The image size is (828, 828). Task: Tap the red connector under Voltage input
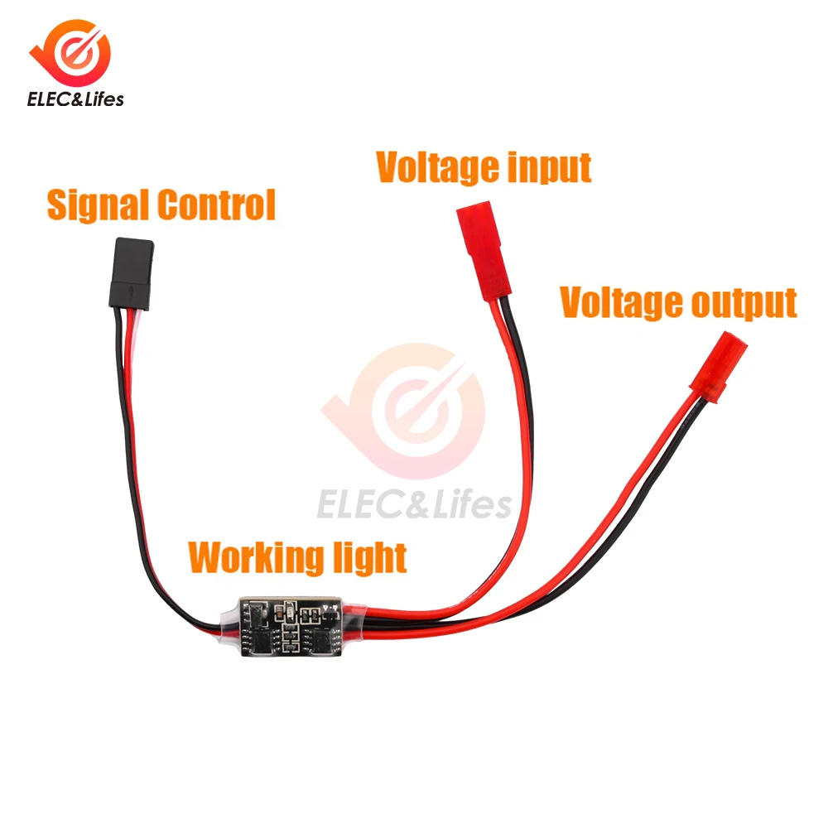pos(483,252)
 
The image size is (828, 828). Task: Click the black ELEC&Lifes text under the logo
pos(75,99)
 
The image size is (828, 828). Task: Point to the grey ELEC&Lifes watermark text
pos(414,503)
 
